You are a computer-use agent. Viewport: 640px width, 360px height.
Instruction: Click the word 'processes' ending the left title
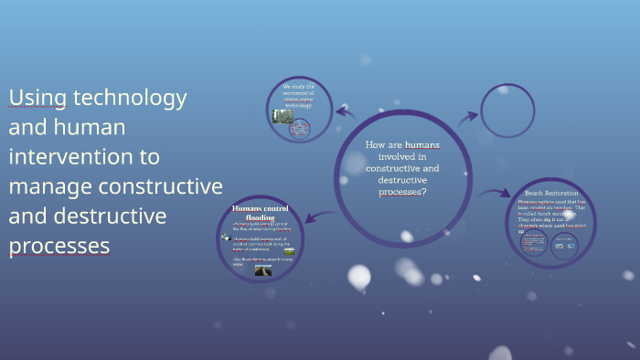pos(59,247)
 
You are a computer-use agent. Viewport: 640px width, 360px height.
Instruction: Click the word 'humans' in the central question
pos(422,144)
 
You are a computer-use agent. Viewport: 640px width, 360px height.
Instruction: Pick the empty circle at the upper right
pos(507,111)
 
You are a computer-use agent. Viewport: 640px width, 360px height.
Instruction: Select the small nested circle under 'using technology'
pos(299,130)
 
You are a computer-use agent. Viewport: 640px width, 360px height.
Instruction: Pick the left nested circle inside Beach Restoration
pos(534,244)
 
